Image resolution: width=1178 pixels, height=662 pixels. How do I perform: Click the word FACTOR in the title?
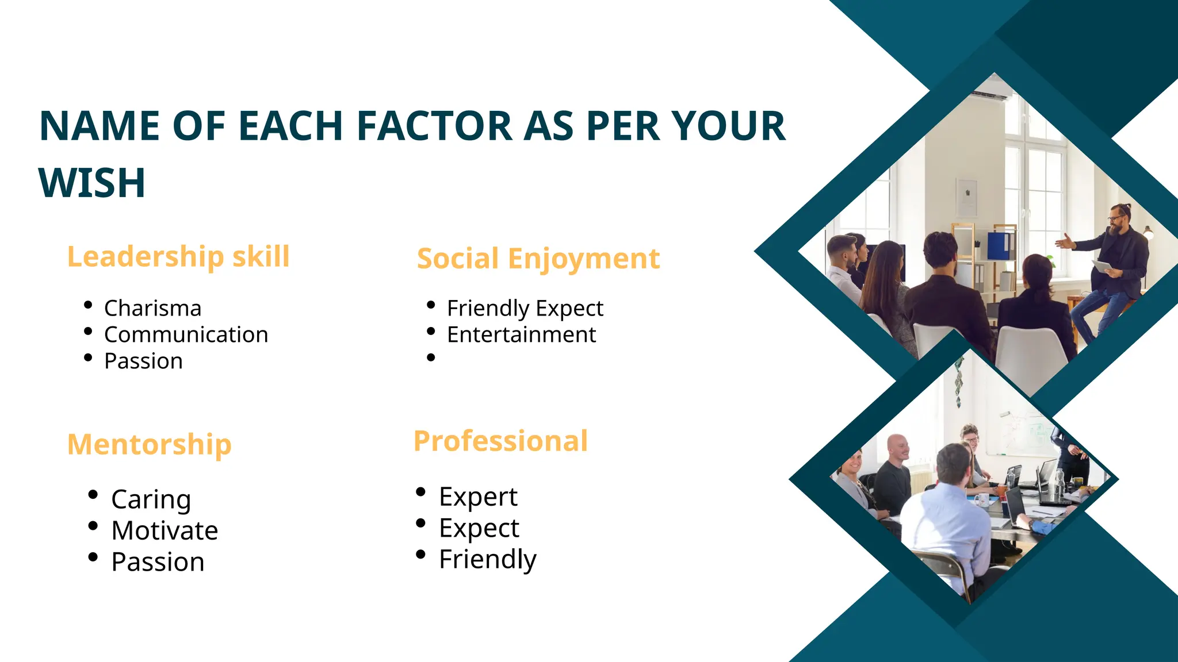(x=434, y=126)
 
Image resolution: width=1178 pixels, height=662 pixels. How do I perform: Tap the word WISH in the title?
(x=92, y=183)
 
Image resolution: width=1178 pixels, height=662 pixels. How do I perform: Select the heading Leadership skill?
(x=178, y=256)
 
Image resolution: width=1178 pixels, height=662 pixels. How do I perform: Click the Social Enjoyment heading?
(x=538, y=259)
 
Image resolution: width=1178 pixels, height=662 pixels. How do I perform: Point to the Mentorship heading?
(x=150, y=444)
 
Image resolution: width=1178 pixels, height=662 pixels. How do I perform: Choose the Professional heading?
(x=500, y=441)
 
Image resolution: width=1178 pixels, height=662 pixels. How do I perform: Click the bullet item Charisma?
(x=152, y=309)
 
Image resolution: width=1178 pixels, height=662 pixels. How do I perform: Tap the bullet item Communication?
(x=186, y=335)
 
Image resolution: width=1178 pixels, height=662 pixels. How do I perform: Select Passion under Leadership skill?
(x=143, y=361)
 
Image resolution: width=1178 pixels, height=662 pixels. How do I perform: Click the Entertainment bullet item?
(x=521, y=335)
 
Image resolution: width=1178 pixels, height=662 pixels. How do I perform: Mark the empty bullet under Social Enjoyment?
(x=431, y=358)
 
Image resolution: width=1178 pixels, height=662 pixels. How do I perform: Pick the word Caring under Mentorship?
(x=151, y=499)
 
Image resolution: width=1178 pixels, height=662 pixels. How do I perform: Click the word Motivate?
(x=165, y=530)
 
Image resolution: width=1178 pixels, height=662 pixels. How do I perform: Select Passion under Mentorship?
(x=158, y=562)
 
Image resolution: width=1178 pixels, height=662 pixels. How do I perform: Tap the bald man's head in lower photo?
(x=898, y=445)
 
